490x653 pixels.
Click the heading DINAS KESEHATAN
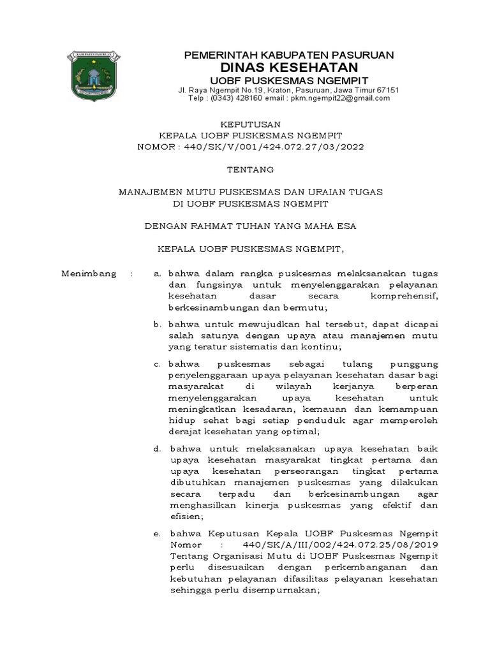pos(288,68)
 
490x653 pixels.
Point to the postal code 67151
pos(387,90)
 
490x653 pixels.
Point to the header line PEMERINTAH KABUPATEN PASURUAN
pos(288,55)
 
